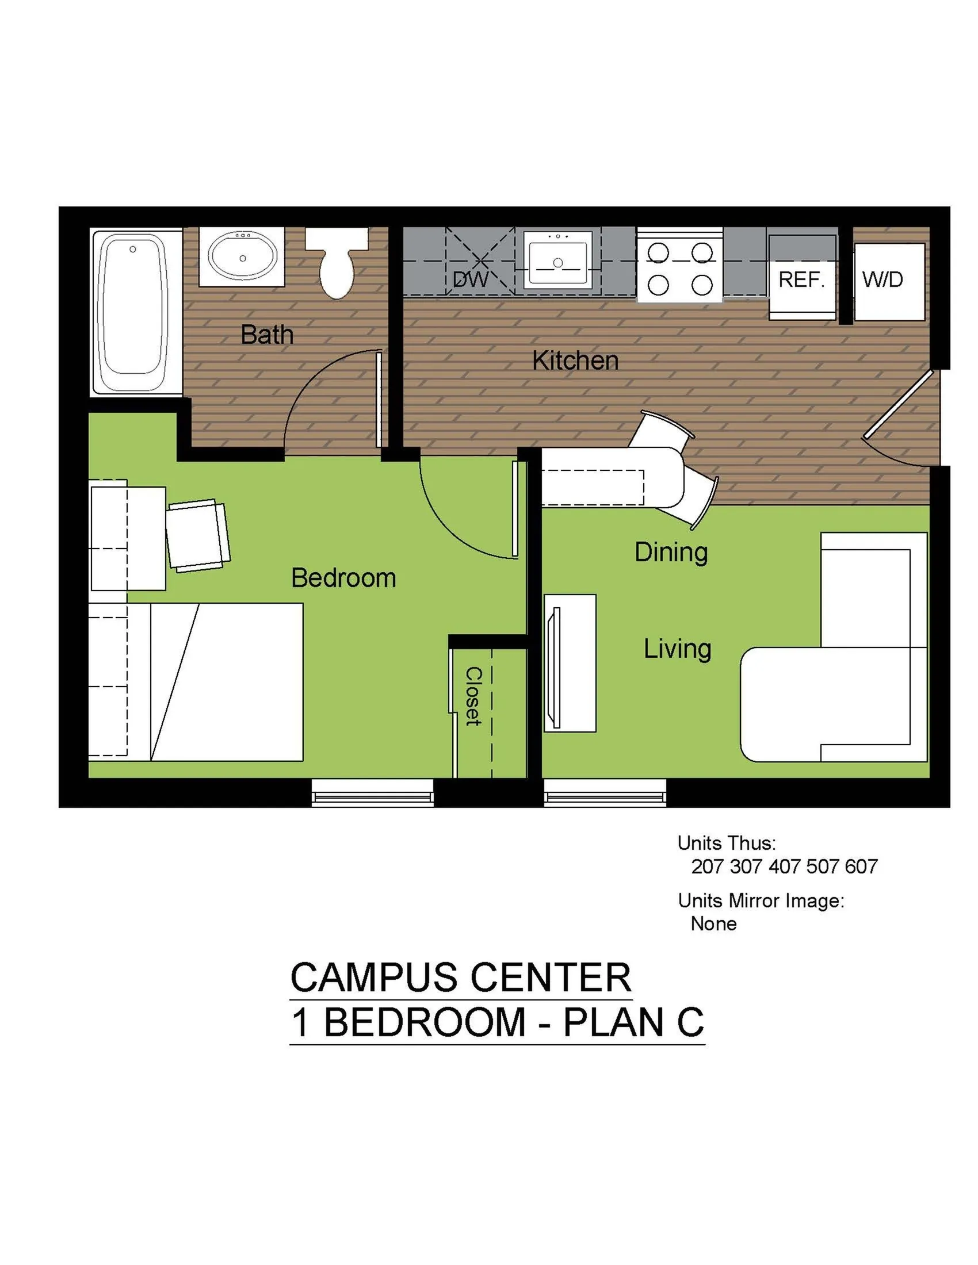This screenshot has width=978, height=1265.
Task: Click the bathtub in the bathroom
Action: [x=133, y=313]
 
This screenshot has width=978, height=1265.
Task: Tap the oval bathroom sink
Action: [x=242, y=257]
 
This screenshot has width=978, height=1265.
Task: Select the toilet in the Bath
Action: [x=337, y=263]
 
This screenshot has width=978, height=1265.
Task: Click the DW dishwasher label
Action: [x=470, y=281]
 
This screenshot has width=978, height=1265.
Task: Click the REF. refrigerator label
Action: [x=801, y=281]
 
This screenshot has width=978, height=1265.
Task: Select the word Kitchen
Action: [x=575, y=361]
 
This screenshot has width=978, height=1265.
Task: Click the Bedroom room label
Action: [x=343, y=578]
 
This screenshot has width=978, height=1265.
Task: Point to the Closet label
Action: [x=473, y=696]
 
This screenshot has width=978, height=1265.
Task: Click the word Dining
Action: [x=670, y=552]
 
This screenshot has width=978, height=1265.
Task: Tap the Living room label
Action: [x=677, y=649]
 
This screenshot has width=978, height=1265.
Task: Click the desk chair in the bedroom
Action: [x=198, y=535]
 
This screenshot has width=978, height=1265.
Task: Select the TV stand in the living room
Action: [x=570, y=662]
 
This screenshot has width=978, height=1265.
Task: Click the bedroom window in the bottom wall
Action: [x=372, y=793]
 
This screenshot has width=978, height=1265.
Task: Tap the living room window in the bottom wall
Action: [x=604, y=793]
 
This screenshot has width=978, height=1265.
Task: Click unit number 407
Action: [x=785, y=867]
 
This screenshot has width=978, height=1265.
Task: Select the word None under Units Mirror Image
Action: [x=713, y=924]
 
